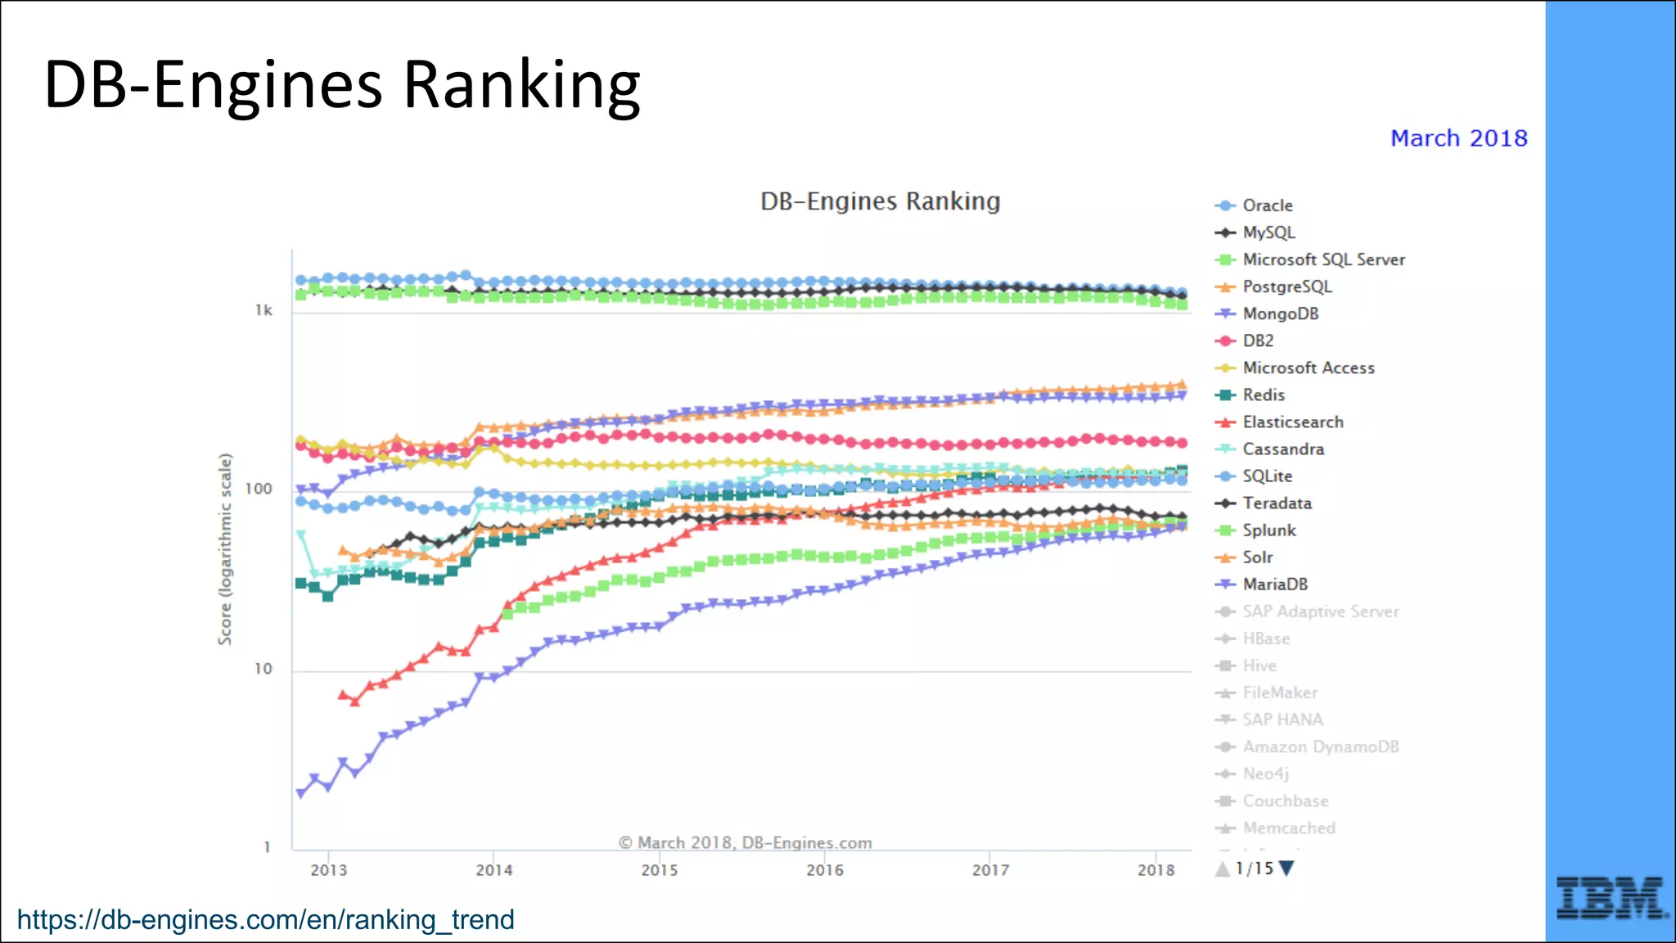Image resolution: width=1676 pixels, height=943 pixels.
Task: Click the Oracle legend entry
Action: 1267,205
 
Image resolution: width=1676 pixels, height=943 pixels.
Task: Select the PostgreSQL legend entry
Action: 1286,287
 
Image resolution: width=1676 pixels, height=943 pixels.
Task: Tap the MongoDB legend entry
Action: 1280,314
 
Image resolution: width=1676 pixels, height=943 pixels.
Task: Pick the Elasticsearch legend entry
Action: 1292,422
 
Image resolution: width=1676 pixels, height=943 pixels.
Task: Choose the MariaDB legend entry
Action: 1274,584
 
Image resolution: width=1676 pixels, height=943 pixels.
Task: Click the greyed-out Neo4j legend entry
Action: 1265,774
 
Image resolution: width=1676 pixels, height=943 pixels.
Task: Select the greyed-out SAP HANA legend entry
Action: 1282,720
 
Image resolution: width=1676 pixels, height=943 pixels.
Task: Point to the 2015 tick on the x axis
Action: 660,869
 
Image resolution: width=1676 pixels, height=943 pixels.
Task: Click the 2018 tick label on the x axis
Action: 1156,869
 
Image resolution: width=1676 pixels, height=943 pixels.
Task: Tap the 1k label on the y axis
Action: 264,310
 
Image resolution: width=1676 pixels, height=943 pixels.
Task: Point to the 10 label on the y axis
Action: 263,669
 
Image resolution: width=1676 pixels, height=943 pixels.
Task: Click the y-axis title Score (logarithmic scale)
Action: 225,549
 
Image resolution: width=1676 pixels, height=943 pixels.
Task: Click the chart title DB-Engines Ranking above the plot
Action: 880,201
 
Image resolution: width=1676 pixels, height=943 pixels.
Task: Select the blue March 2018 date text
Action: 1458,138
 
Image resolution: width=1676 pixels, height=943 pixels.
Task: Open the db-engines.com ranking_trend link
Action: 266,919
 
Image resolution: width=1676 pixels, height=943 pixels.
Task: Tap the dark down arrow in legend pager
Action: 1286,869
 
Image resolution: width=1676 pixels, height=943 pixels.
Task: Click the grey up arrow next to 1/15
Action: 1223,869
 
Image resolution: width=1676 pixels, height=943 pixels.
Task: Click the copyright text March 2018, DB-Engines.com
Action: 745,842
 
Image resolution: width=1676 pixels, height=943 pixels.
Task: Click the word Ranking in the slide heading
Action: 521,85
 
